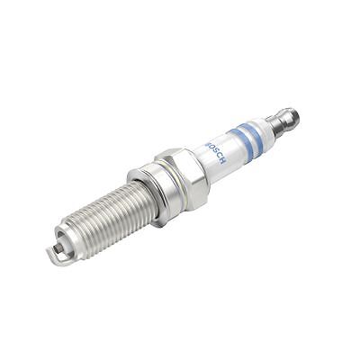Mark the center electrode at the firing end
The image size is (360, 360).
pos(60,242)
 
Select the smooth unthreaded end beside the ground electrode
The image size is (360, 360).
pos(68,236)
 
